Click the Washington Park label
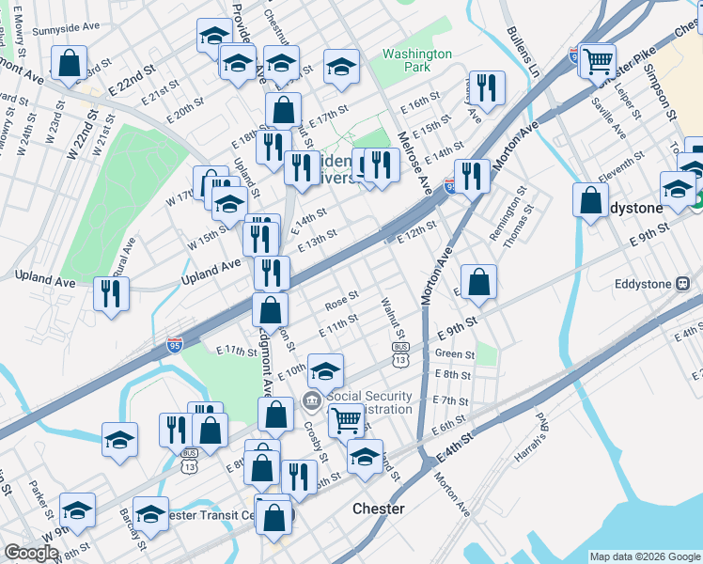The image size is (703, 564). click(417, 61)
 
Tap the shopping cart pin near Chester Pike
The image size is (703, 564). click(598, 62)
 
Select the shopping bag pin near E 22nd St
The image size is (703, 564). click(70, 64)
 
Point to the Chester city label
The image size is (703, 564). click(378, 509)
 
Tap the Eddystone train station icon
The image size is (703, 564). click(683, 284)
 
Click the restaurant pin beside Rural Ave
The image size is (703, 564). click(112, 293)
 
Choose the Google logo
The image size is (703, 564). click(31, 553)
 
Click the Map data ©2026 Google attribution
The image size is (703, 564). click(644, 556)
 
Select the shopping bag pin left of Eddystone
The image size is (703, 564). click(589, 201)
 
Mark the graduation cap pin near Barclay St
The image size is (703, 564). click(150, 513)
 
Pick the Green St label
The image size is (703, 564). click(455, 354)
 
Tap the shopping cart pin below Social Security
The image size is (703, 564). click(347, 419)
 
